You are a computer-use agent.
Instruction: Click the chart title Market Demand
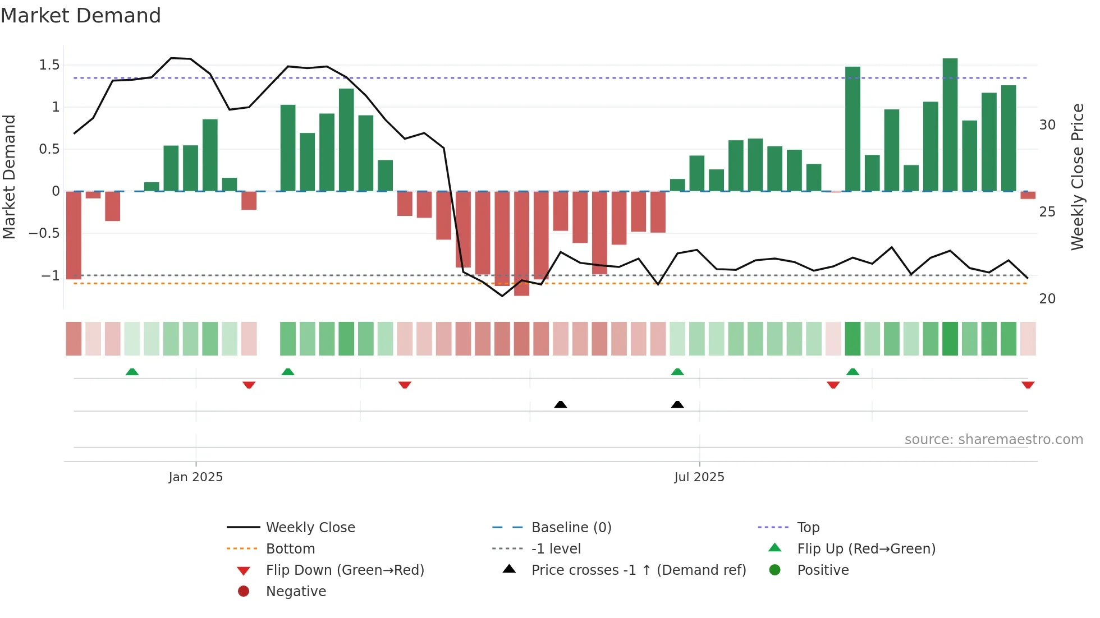[x=81, y=16]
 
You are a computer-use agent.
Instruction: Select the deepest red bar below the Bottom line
[x=521, y=243]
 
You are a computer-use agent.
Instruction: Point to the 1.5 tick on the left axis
[x=49, y=65]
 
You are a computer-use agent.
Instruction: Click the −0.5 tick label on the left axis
[x=44, y=233]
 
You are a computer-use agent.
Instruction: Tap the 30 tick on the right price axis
[x=1047, y=125]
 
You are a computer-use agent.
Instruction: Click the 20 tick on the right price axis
[x=1047, y=299]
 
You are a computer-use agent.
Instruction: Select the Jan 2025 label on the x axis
[x=196, y=477]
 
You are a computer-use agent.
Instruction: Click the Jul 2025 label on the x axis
[x=699, y=477]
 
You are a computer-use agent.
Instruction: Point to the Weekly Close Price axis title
[x=1077, y=177]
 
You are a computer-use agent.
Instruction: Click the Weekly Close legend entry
[x=310, y=528]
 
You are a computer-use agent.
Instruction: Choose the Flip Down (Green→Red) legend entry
[x=345, y=570]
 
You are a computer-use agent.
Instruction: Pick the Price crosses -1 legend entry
[x=638, y=570]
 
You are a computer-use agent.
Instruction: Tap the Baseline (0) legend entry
[x=571, y=528]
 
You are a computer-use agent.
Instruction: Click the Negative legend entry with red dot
[x=295, y=592]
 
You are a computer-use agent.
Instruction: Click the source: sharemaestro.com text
[x=993, y=440]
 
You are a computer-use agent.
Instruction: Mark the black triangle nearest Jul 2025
[x=677, y=404]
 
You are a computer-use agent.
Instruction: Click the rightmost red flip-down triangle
[x=1028, y=385]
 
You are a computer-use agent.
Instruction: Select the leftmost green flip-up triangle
[x=132, y=372]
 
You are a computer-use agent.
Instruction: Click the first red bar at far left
[x=74, y=236]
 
